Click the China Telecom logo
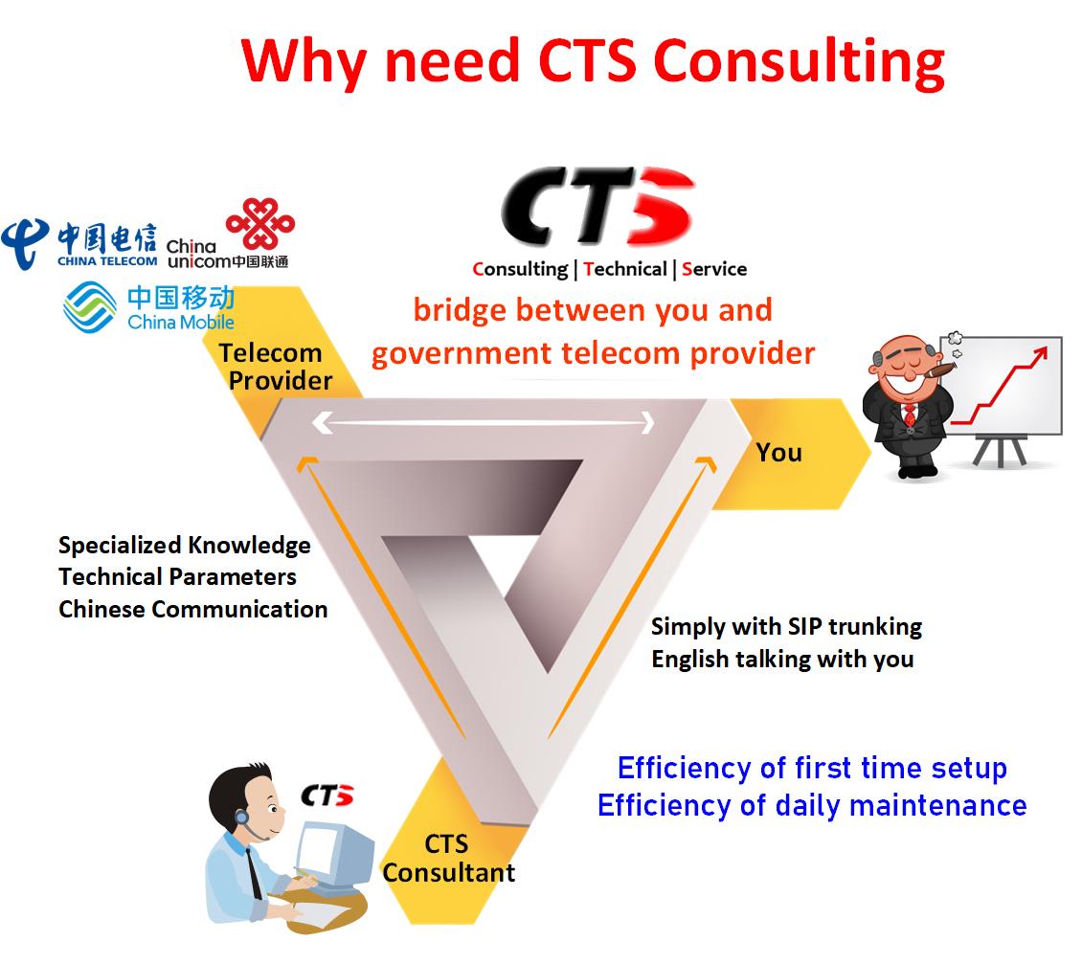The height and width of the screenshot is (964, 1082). pyautogui.click(x=79, y=245)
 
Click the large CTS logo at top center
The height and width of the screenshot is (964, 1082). pyautogui.click(x=597, y=206)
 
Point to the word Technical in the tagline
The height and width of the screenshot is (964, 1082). pyautogui.click(x=625, y=269)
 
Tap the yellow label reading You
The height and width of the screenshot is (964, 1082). pyautogui.click(x=779, y=453)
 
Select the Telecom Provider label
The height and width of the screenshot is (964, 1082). pyautogui.click(x=276, y=367)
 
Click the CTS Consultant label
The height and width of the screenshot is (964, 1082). pyautogui.click(x=449, y=859)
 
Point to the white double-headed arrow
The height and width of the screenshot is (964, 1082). pyautogui.click(x=483, y=422)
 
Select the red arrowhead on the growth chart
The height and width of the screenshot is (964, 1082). pyautogui.click(x=1039, y=354)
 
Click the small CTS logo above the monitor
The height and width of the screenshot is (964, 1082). pyautogui.click(x=327, y=796)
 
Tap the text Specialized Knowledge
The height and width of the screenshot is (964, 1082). pyautogui.click(x=184, y=546)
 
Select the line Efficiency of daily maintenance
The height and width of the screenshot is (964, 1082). pyautogui.click(x=812, y=805)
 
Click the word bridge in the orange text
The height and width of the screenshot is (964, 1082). pyautogui.click(x=461, y=311)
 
